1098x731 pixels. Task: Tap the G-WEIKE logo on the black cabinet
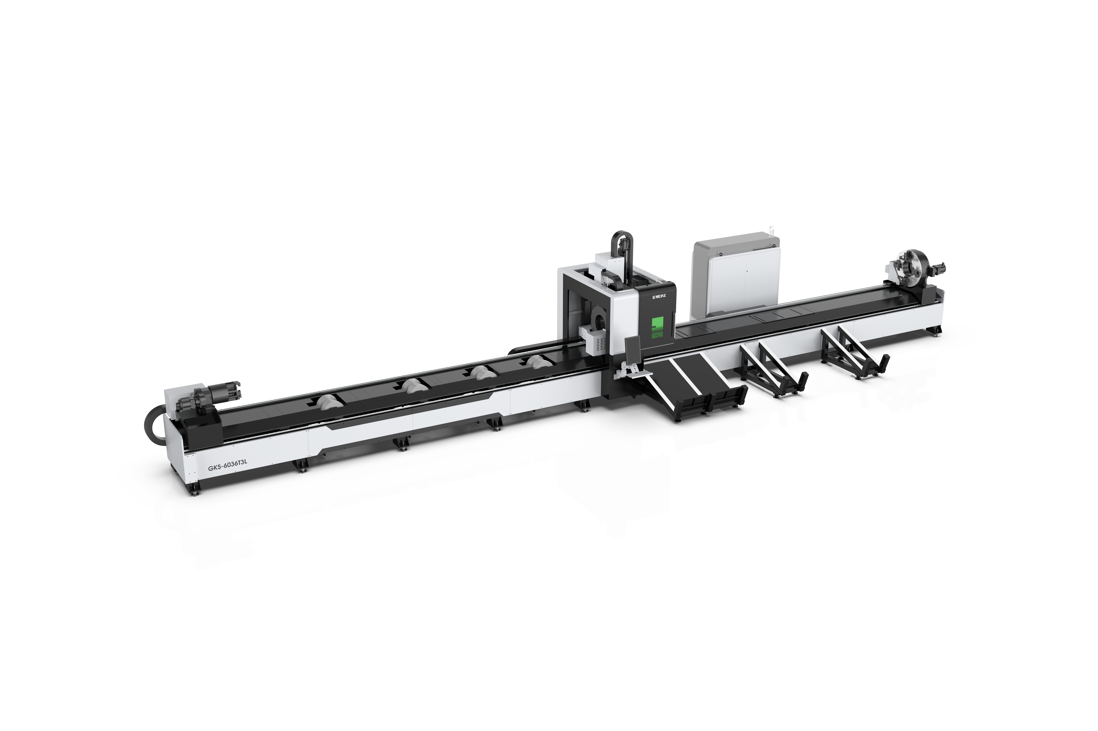point(649,296)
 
